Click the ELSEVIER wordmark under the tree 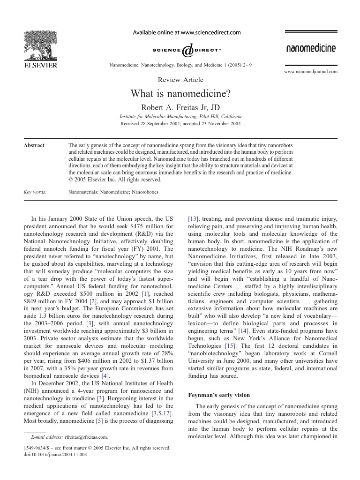pyautogui.click(x=40, y=66)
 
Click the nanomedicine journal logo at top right pyautogui.click(x=311, y=48)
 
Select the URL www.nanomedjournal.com pyautogui.click(x=311, y=72)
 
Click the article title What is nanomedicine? pyautogui.click(x=180, y=94)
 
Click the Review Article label pyautogui.click(x=180, y=80)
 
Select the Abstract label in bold pyautogui.click(x=34, y=145)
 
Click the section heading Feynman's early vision pyautogui.click(x=219, y=396)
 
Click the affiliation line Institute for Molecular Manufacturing pyautogui.click(x=180, y=116)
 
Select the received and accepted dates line pyautogui.click(x=180, y=124)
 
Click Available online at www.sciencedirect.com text pyautogui.click(x=187, y=33)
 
